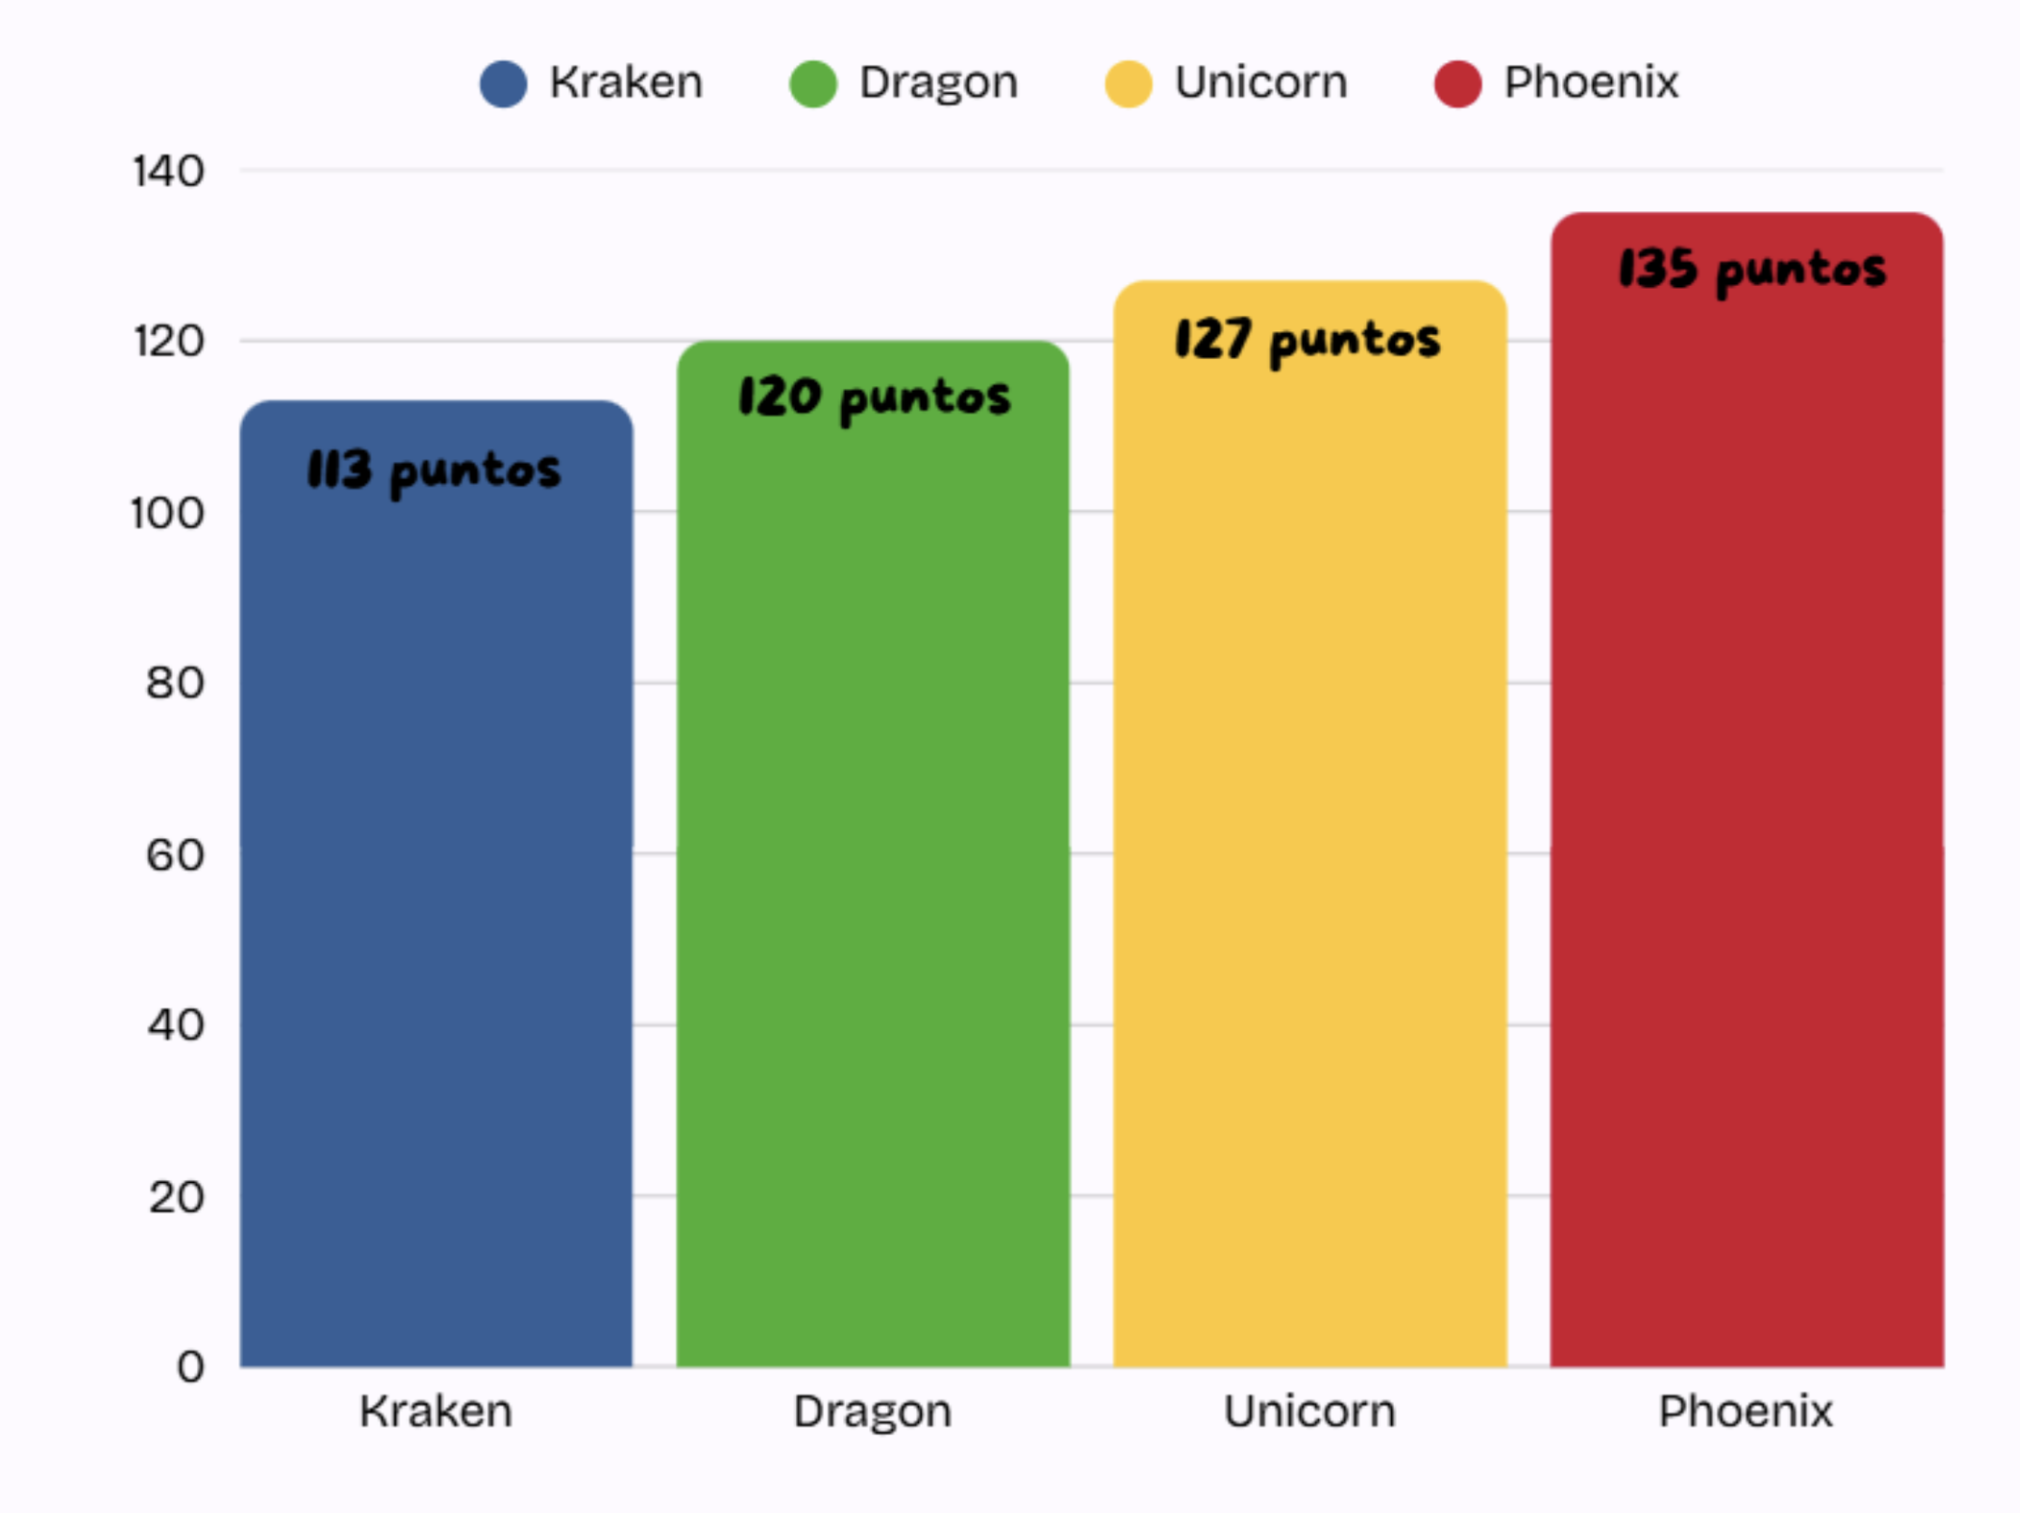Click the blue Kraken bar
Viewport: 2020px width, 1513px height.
click(436, 883)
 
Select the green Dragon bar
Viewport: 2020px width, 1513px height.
click(873, 853)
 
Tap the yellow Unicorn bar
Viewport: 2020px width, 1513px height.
click(1310, 824)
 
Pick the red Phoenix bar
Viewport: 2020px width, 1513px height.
click(1746, 789)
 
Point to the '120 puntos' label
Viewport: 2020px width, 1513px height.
click(875, 398)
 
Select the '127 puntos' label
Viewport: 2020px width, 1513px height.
click(1308, 341)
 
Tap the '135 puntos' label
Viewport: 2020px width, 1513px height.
click(1752, 270)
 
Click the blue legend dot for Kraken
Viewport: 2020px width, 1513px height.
click(503, 84)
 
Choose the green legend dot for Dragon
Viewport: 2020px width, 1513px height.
click(813, 84)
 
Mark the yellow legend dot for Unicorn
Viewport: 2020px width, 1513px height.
click(1128, 84)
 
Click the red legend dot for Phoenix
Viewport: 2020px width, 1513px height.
click(1457, 84)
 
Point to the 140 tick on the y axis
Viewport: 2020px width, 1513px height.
click(169, 172)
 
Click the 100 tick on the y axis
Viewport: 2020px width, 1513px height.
click(168, 514)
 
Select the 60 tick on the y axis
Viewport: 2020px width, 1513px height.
click(176, 854)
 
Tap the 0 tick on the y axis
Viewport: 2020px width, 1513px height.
click(191, 1366)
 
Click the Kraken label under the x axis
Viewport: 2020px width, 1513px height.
click(436, 1411)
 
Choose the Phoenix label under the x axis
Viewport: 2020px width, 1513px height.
click(1746, 1411)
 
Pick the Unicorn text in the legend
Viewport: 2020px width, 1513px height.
click(1262, 83)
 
